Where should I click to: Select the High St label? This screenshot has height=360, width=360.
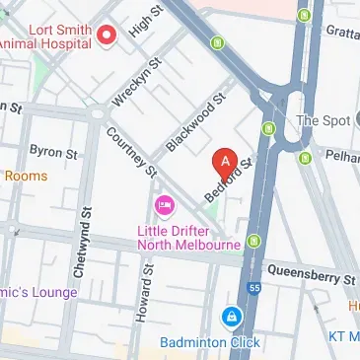(x=145, y=24)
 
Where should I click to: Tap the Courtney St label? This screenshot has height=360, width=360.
(x=131, y=153)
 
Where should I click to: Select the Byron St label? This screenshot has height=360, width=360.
(x=53, y=153)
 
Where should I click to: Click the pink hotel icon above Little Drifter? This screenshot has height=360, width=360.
(x=164, y=207)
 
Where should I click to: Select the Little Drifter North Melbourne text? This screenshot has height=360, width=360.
(x=188, y=237)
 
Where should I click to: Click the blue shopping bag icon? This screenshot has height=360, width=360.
(x=231, y=318)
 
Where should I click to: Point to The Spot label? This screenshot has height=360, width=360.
(x=322, y=120)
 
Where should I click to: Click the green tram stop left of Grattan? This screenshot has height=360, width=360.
(x=304, y=15)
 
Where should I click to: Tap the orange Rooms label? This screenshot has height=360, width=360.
(x=25, y=176)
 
